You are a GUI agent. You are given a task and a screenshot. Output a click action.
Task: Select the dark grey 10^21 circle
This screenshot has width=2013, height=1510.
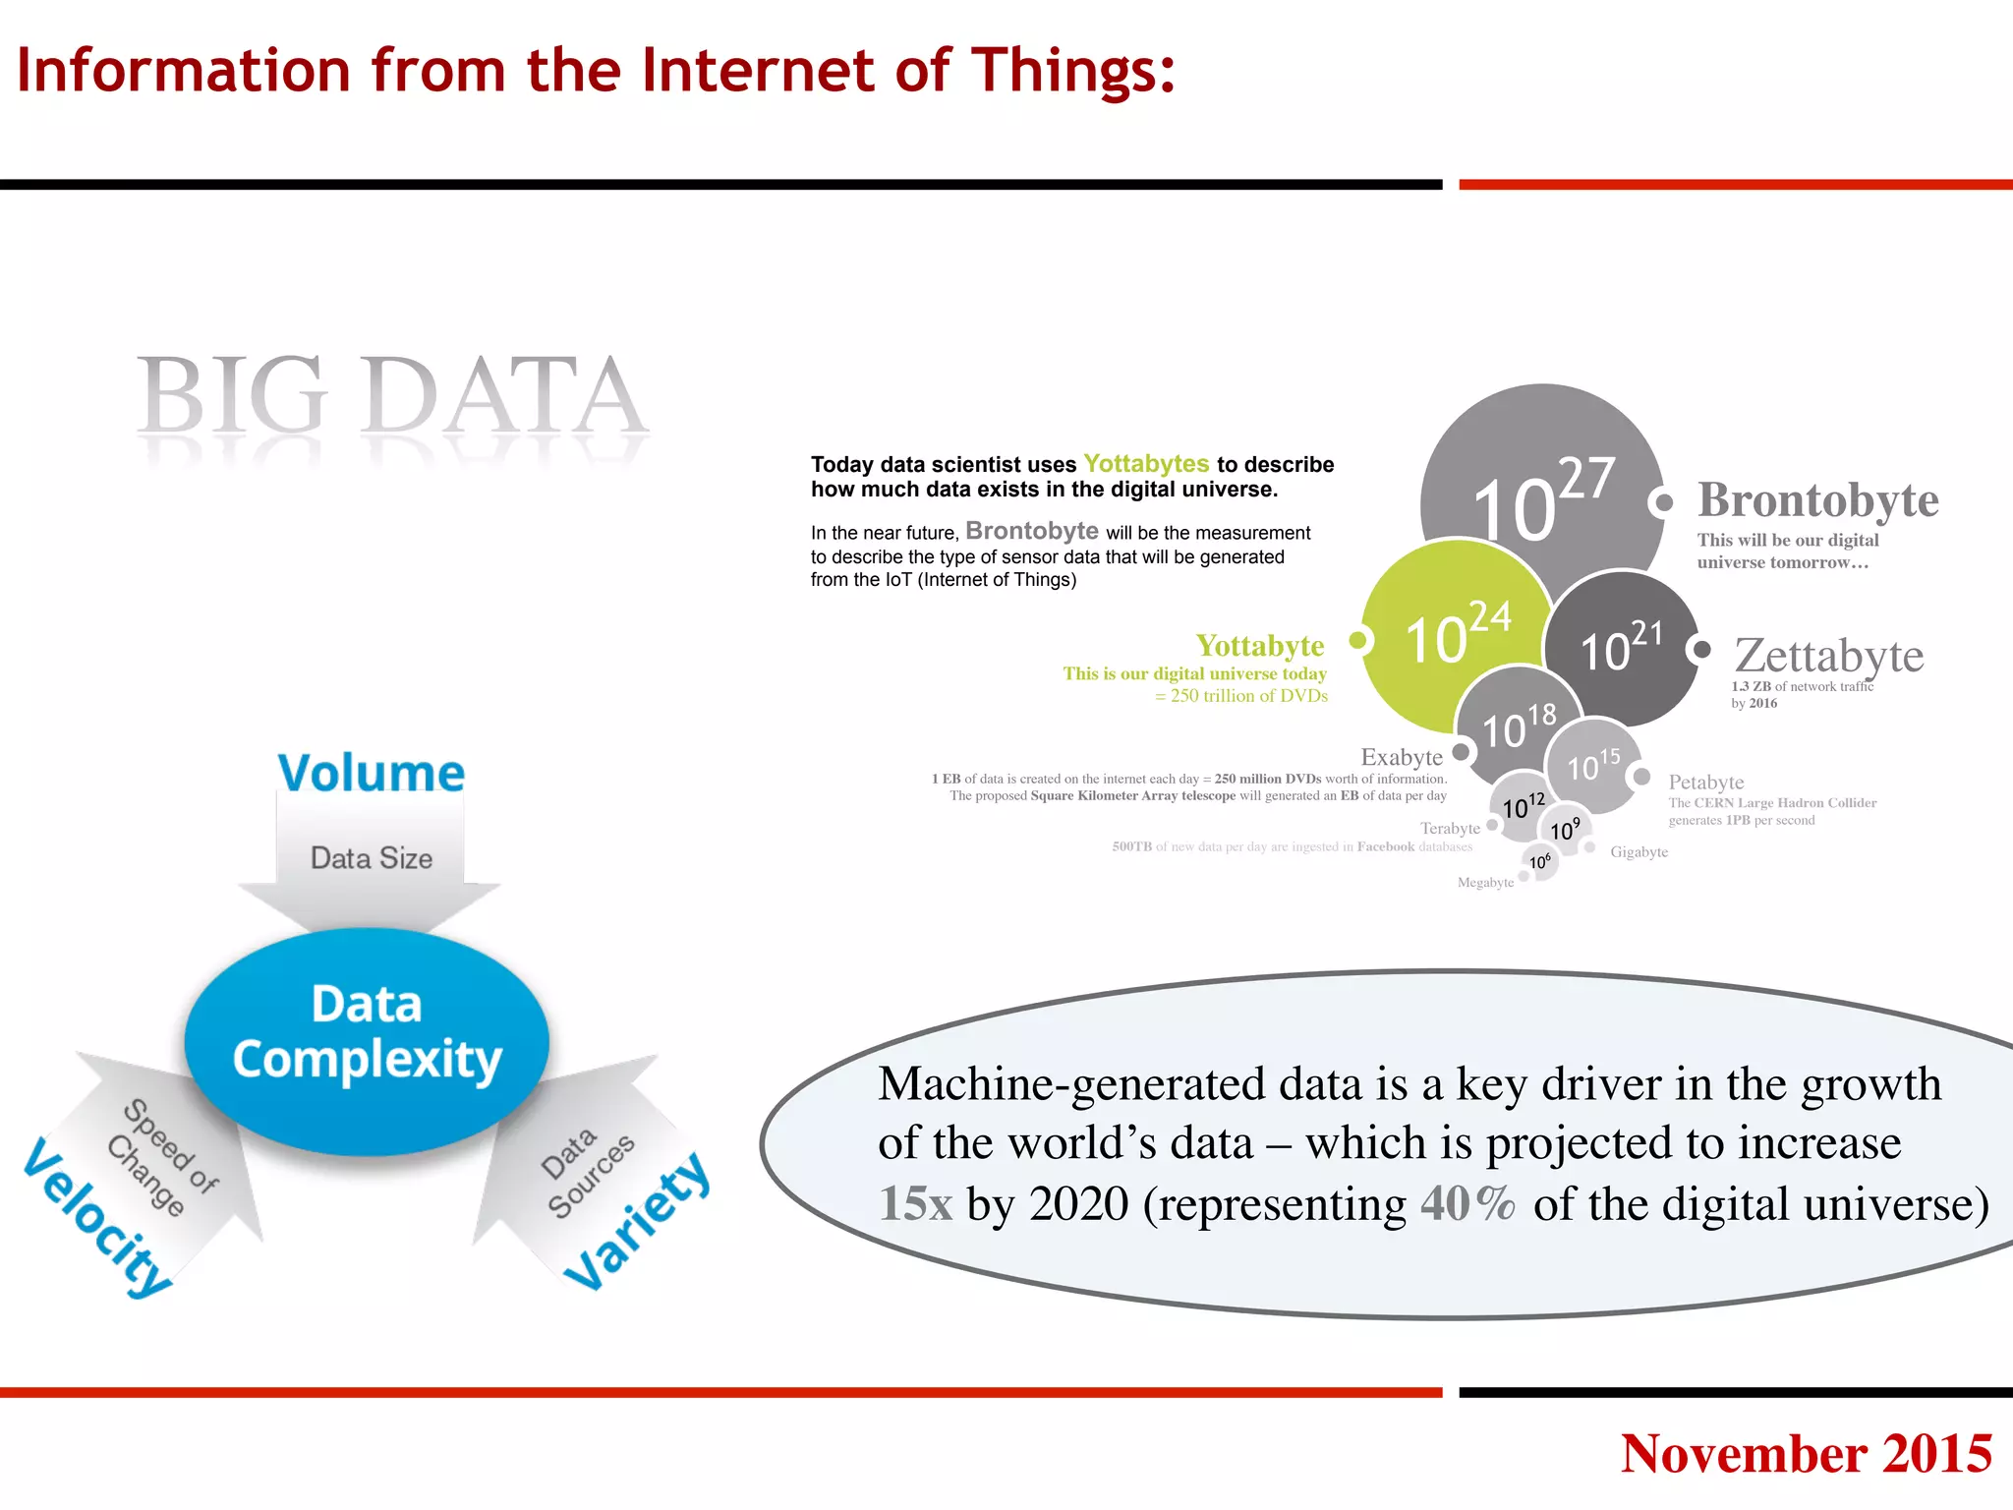1622,649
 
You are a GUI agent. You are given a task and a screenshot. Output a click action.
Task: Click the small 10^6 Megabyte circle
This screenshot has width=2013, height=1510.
1540,862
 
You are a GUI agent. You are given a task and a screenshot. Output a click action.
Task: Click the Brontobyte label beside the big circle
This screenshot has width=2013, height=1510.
1817,500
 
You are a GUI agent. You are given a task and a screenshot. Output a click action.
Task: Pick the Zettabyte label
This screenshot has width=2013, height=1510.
1828,656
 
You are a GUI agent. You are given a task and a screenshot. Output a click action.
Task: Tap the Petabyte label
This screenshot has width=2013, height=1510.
1706,783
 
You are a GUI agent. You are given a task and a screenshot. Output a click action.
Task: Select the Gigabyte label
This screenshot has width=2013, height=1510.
1639,852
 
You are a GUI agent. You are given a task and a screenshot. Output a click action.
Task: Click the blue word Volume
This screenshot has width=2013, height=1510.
371,773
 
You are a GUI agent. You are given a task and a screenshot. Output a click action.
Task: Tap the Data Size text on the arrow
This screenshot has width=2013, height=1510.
372,858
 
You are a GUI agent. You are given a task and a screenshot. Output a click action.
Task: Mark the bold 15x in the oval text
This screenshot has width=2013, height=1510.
915,1204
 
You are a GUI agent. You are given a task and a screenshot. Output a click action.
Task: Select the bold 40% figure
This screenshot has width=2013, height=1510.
1467,1204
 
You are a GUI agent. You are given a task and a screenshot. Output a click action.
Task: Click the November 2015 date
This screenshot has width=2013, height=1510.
1806,1454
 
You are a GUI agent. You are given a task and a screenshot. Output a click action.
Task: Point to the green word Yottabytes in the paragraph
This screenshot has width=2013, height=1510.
1146,464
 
